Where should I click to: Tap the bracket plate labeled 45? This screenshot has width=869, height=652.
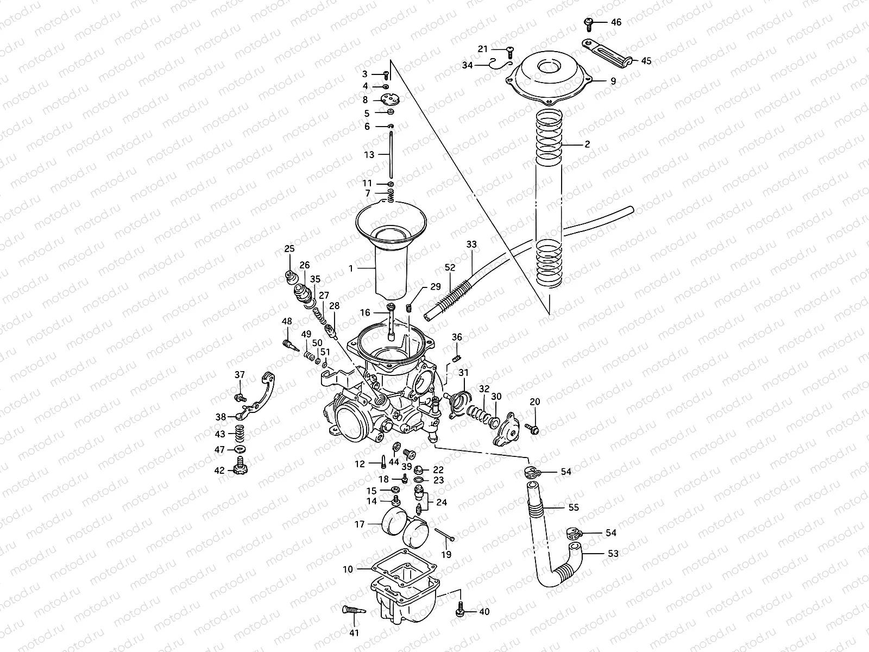pyautogui.click(x=607, y=52)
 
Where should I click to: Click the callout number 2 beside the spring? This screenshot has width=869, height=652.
pyautogui.click(x=587, y=145)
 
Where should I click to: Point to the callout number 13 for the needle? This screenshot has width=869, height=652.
pyautogui.click(x=369, y=155)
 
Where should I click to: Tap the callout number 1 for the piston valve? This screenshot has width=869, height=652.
pyautogui.click(x=351, y=268)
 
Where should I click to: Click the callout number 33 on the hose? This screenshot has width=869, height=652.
pyautogui.click(x=471, y=245)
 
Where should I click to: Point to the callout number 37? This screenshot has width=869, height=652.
pyautogui.click(x=240, y=375)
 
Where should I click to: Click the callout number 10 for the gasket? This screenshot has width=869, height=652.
pyautogui.click(x=348, y=569)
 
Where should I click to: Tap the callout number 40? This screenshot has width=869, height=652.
pyautogui.click(x=484, y=612)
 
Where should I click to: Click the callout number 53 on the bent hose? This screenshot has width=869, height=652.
pyautogui.click(x=613, y=554)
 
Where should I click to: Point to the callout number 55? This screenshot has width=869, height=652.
pyautogui.click(x=574, y=507)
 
